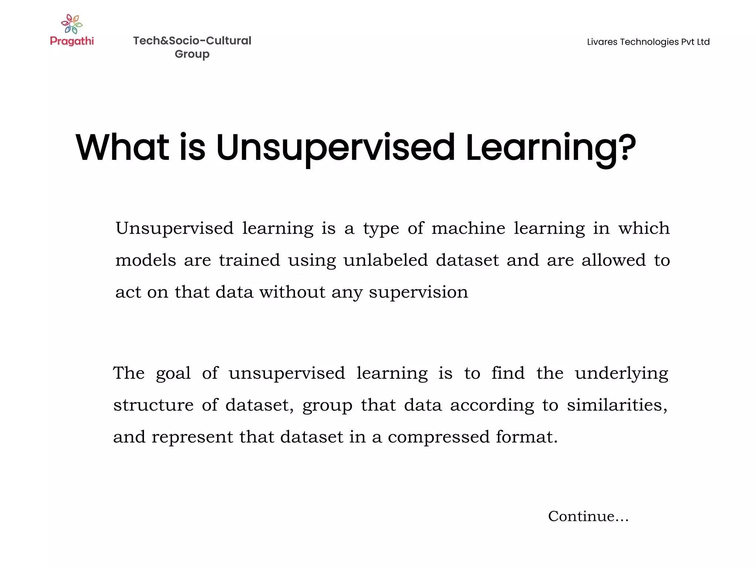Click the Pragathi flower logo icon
tap(72, 24)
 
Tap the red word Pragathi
tap(72, 41)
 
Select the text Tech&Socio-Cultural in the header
tap(192, 41)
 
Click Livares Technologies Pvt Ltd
tap(648, 42)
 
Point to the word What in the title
tap(122, 147)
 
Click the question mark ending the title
tap(628, 147)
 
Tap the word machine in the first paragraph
tap(468, 228)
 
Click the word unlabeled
tap(385, 260)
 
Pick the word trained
tap(250, 260)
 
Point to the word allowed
tap(614, 260)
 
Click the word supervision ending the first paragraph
tap(418, 292)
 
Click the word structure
tap(153, 405)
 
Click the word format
tap(526, 437)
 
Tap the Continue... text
tap(588, 516)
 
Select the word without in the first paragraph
tap(292, 292)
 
